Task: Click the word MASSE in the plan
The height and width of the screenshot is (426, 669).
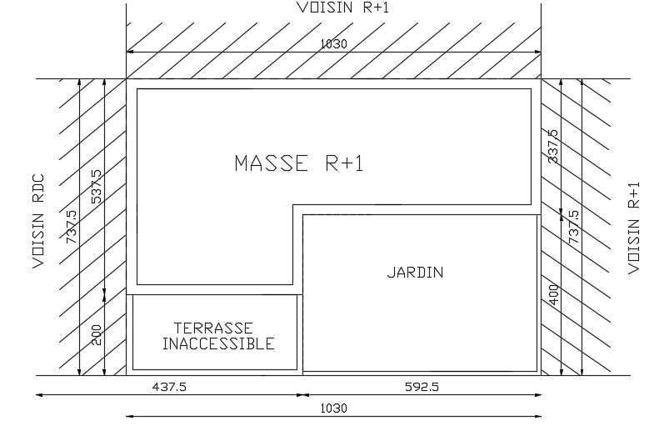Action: coord(270,163)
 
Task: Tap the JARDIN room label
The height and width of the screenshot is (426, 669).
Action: coord(415,273)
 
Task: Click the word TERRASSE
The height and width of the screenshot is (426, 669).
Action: coord(213,328)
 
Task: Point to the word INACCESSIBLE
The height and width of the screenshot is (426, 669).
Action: coord(217,343)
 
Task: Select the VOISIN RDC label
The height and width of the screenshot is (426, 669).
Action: coord(38,221)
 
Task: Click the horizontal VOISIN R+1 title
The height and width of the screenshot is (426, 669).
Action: coord(342,8)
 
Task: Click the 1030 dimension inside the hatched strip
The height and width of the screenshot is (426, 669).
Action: coord(333,43)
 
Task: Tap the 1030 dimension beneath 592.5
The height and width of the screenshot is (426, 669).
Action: coord(333,408)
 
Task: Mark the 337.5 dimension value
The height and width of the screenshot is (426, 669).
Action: coord(552,147)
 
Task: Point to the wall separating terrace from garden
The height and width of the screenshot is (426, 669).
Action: coord(300,333)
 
